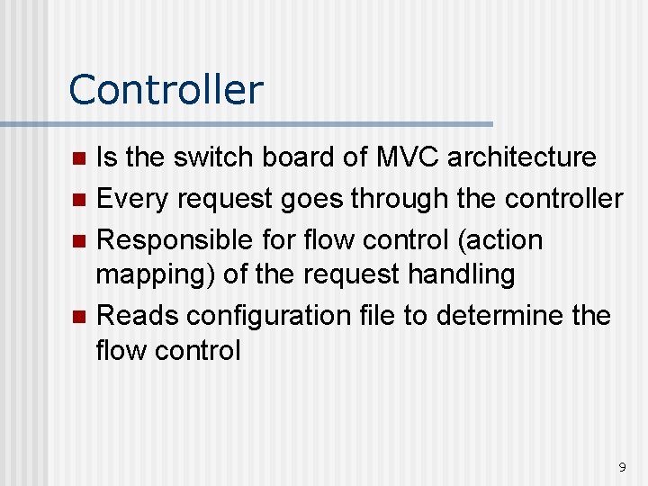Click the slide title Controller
click(166, 90)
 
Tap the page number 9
click(622, 467)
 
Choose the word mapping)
click(154, 274)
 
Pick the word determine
click(505, 316)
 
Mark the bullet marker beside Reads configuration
click(78, 317)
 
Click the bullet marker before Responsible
click(78, 241)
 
